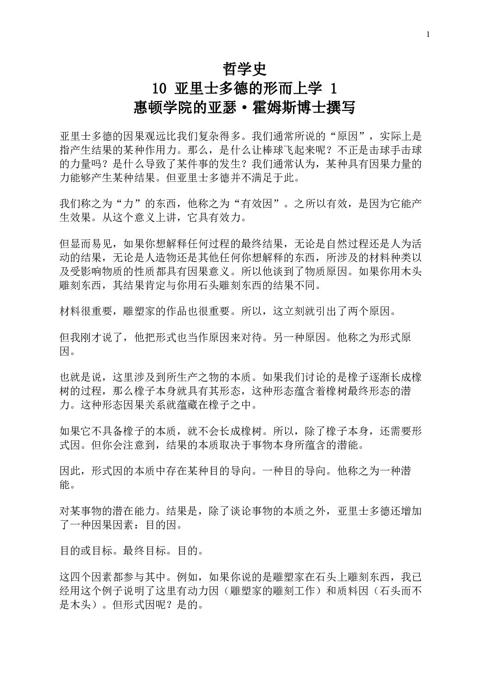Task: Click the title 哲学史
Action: tap(245, 70)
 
